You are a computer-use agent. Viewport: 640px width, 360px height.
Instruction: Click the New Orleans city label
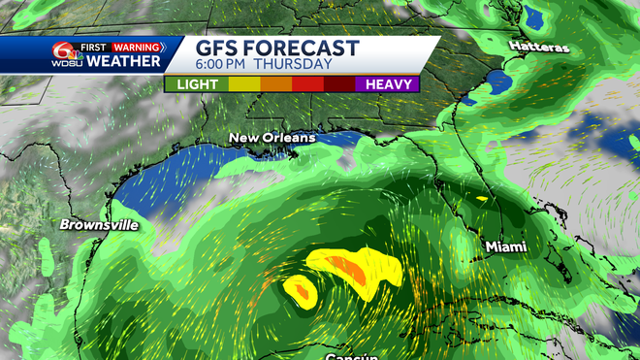pos(272,139)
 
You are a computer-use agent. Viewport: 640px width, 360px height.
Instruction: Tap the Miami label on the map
pos(506,248)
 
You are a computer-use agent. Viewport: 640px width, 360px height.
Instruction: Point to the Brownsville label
pos(99,225)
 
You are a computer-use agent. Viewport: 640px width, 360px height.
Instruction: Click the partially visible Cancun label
pos(352,356)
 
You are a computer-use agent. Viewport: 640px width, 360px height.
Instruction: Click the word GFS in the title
pos(220,49)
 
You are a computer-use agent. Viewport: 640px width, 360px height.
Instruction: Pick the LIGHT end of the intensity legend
pos(196,84)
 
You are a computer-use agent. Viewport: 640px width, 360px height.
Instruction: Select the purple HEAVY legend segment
pos(389,84)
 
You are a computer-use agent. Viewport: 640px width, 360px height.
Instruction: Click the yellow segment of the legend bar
pos(244,84)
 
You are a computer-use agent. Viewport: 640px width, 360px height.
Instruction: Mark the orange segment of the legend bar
pos(275,84)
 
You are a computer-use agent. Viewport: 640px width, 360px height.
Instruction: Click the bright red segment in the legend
pos(308,84)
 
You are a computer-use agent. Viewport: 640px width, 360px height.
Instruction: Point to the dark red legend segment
pos(340,84)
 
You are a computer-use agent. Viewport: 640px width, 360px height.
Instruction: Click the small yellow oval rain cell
pos(300,289)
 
